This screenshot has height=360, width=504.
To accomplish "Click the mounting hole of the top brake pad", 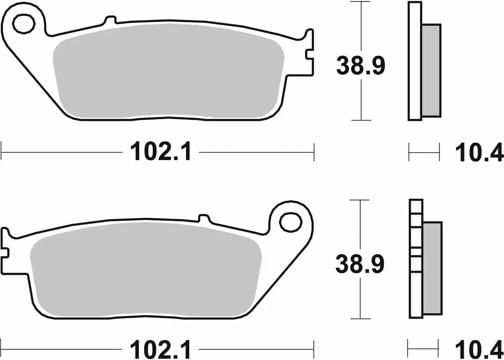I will pos(23,25).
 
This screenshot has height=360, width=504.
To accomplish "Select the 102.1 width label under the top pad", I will pos(161,152).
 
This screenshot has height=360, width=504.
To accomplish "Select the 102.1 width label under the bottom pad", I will pos(161,349).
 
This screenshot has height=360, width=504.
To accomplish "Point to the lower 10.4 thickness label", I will pos(479,349).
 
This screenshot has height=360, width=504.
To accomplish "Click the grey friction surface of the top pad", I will pos(167,76).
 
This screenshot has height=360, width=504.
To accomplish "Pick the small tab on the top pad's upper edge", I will pos(109,20).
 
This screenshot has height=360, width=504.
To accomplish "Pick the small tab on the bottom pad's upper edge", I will pos(204,219).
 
